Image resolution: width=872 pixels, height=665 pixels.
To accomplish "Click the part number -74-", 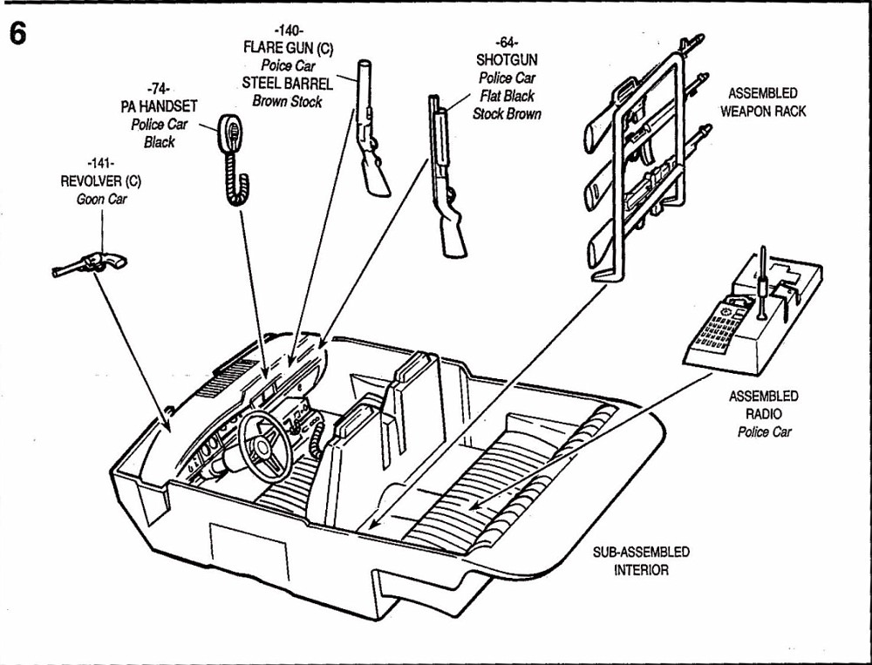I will click(x=158, y=88).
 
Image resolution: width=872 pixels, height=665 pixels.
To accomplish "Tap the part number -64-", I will click(x=506, y=42).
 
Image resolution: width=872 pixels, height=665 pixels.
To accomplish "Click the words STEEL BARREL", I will click(x=287, y=84).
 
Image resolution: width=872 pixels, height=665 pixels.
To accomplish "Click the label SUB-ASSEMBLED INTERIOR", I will click(x=640, y=560).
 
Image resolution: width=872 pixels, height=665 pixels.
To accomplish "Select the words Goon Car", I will click(x=108, y=200).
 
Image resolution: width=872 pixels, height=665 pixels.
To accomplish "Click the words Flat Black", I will click(x=507, y=96).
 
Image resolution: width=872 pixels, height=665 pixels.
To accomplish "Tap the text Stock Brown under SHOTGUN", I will click(x=507, y=113).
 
